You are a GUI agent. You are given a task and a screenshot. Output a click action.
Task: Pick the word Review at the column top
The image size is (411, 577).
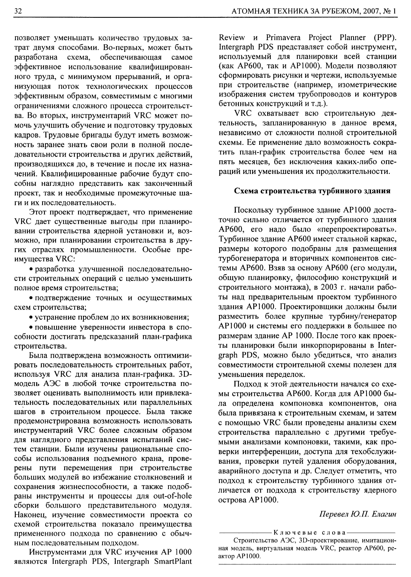point(232,37)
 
